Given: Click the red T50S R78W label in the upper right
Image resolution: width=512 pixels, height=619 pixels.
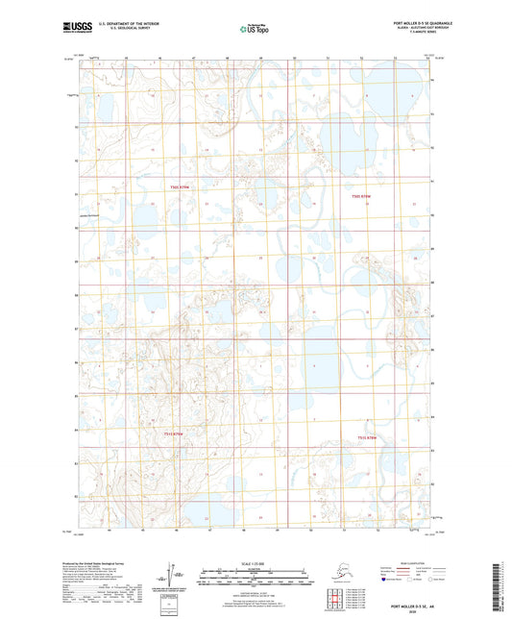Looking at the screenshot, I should pyautogui.click(x=362, y=195).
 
